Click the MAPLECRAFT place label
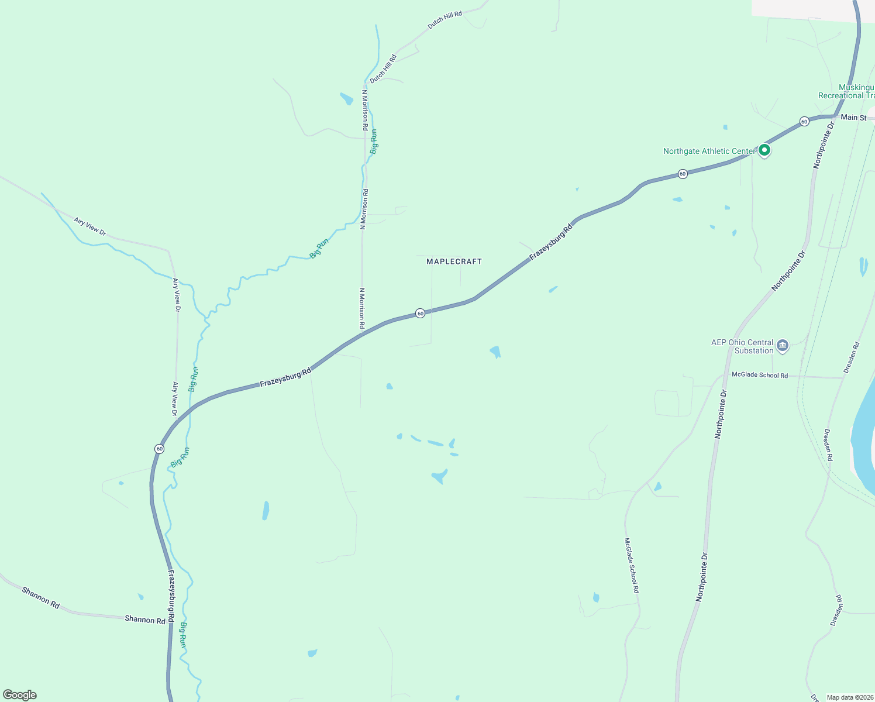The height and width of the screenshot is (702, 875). click(x=454, y=261)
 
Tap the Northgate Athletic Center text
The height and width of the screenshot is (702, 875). click(x=709, y=151)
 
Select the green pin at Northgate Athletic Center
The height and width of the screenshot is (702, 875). click(x=764, y=150)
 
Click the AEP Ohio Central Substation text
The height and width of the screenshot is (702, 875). click(x=742, y=346)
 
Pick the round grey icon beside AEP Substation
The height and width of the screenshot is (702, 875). click(x=783, y=346)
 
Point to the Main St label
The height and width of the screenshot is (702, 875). click(x=853, y=118)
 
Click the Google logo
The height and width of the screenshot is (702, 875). click(x=20, y=695)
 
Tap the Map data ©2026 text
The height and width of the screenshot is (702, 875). click(x=849, y=697)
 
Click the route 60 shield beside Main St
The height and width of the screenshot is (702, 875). click(x=804, y=122)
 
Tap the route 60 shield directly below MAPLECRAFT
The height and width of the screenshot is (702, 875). click(x=420, y=314)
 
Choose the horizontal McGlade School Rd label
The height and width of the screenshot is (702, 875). click(x=759, y=375)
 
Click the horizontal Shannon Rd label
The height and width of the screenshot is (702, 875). click(x=145, y=620)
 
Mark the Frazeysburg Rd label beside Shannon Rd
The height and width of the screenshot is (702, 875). click(x=171, y=597)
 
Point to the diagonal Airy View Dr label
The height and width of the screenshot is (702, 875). click(x=90, y=227)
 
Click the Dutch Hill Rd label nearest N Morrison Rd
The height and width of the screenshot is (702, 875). click(x=383, y=68)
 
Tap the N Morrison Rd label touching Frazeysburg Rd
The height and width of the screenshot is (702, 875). click(x=362, y=308)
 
